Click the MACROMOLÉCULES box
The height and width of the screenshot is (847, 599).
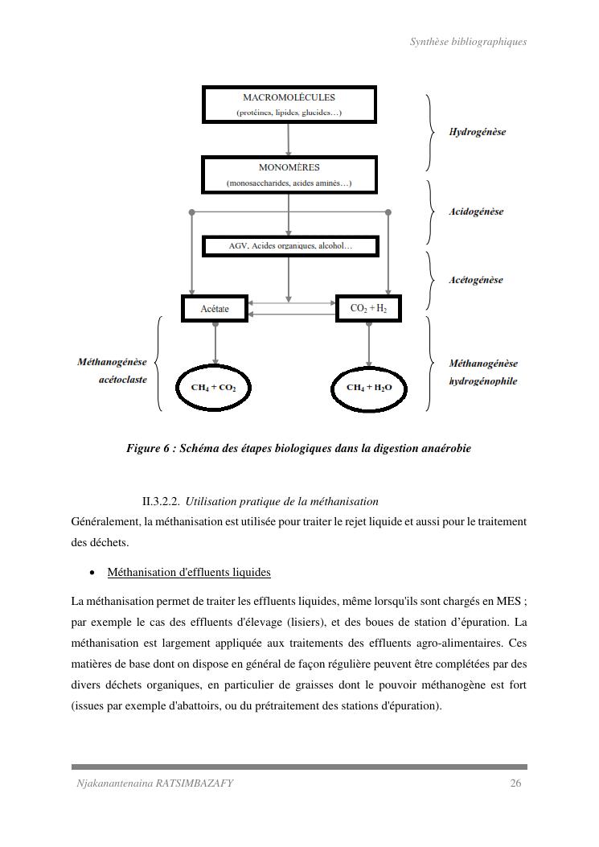pyautogui.click(x=289, y=105)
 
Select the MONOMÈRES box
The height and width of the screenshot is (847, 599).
pyautogui.click(x=289, y=175)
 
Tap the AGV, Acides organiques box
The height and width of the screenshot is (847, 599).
pyautogui.click(x=289, y=245)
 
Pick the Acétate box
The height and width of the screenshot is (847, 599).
pyautogui.click(x=215, y=309)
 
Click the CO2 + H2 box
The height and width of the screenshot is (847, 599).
pyautogui.click(x=368, y=308)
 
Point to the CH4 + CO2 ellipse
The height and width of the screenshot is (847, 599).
pyautogui.click(x=213, y=388)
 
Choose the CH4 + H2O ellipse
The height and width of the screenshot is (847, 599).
pyautogui.click(x=369, y=388)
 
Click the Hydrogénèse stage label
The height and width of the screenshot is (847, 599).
pyautogui.click(x=477, y=132)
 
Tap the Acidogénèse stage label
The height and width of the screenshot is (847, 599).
pyautogui.click(x=476, y=212)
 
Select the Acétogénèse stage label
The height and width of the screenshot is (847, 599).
pyautogui.click(x=476, y=280)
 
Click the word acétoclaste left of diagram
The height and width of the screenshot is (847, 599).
pyautogui.click(x=123, y=380)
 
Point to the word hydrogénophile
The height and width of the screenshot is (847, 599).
pyautogui.click(x=482, y=381)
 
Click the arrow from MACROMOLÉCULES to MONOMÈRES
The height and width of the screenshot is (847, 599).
pyautogui.click(x=289, y=140)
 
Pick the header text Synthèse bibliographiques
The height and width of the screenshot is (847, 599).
pyautogui.click(x=468, y=42)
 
